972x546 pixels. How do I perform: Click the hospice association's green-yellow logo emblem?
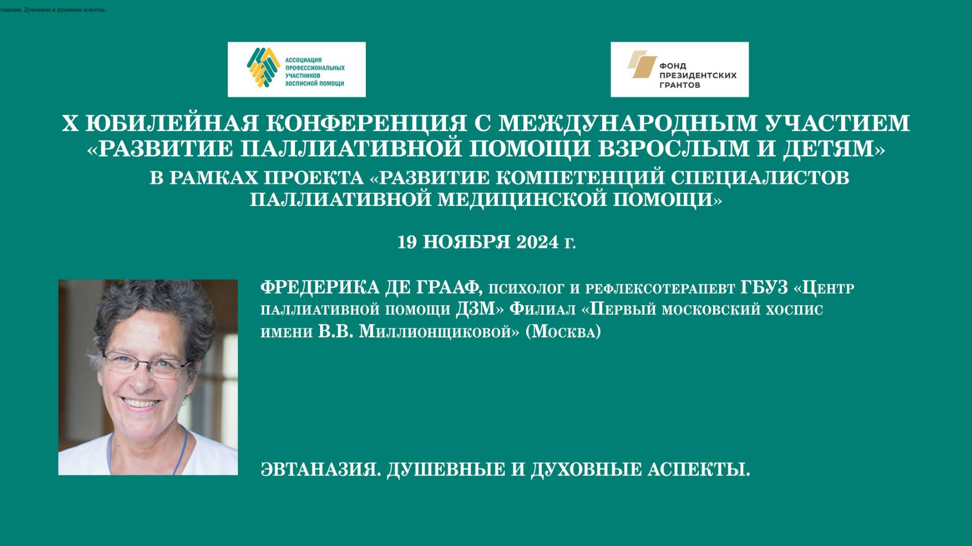click(x=263, y=68)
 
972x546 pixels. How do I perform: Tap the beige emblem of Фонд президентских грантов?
click(x=642, y=64)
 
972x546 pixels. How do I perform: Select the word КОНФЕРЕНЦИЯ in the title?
click(x=366, y=123)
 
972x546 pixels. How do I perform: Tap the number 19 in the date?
click(x=407, y=242)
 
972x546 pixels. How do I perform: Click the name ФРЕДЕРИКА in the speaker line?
click(x=320, y=287)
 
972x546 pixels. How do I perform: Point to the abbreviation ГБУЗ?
click(x=764, y=287)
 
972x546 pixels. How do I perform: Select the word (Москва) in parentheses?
click(x=563, y=331)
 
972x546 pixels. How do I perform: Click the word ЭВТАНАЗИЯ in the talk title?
click(x=320, y=469)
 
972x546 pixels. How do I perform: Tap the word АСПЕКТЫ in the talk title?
click(x=698, y=469)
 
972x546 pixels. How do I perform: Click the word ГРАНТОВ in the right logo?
click(x=679, y=85)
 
